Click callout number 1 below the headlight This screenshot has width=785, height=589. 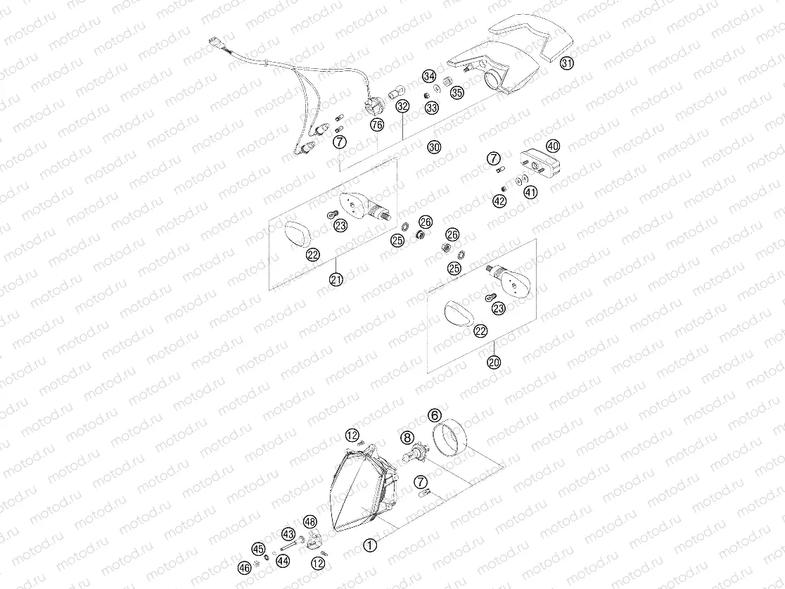click(370, 544)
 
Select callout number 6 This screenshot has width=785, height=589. click(435, 416)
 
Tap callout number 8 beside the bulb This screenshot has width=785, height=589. click(407, 438)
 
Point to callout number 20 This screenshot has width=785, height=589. click(494, 362)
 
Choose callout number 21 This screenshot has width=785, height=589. click(336, 279)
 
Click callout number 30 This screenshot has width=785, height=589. click(434, 147)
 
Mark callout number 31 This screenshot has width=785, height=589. click(567, 63)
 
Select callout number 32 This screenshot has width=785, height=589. click(402, 107)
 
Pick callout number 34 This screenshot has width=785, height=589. click(428, 76)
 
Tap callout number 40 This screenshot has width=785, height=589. click(552, 146)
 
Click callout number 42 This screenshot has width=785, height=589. click(499, 201)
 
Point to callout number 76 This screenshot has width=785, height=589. click(377, 125)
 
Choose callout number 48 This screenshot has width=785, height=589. click(310, 521)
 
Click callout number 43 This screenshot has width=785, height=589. click(288, 533)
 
